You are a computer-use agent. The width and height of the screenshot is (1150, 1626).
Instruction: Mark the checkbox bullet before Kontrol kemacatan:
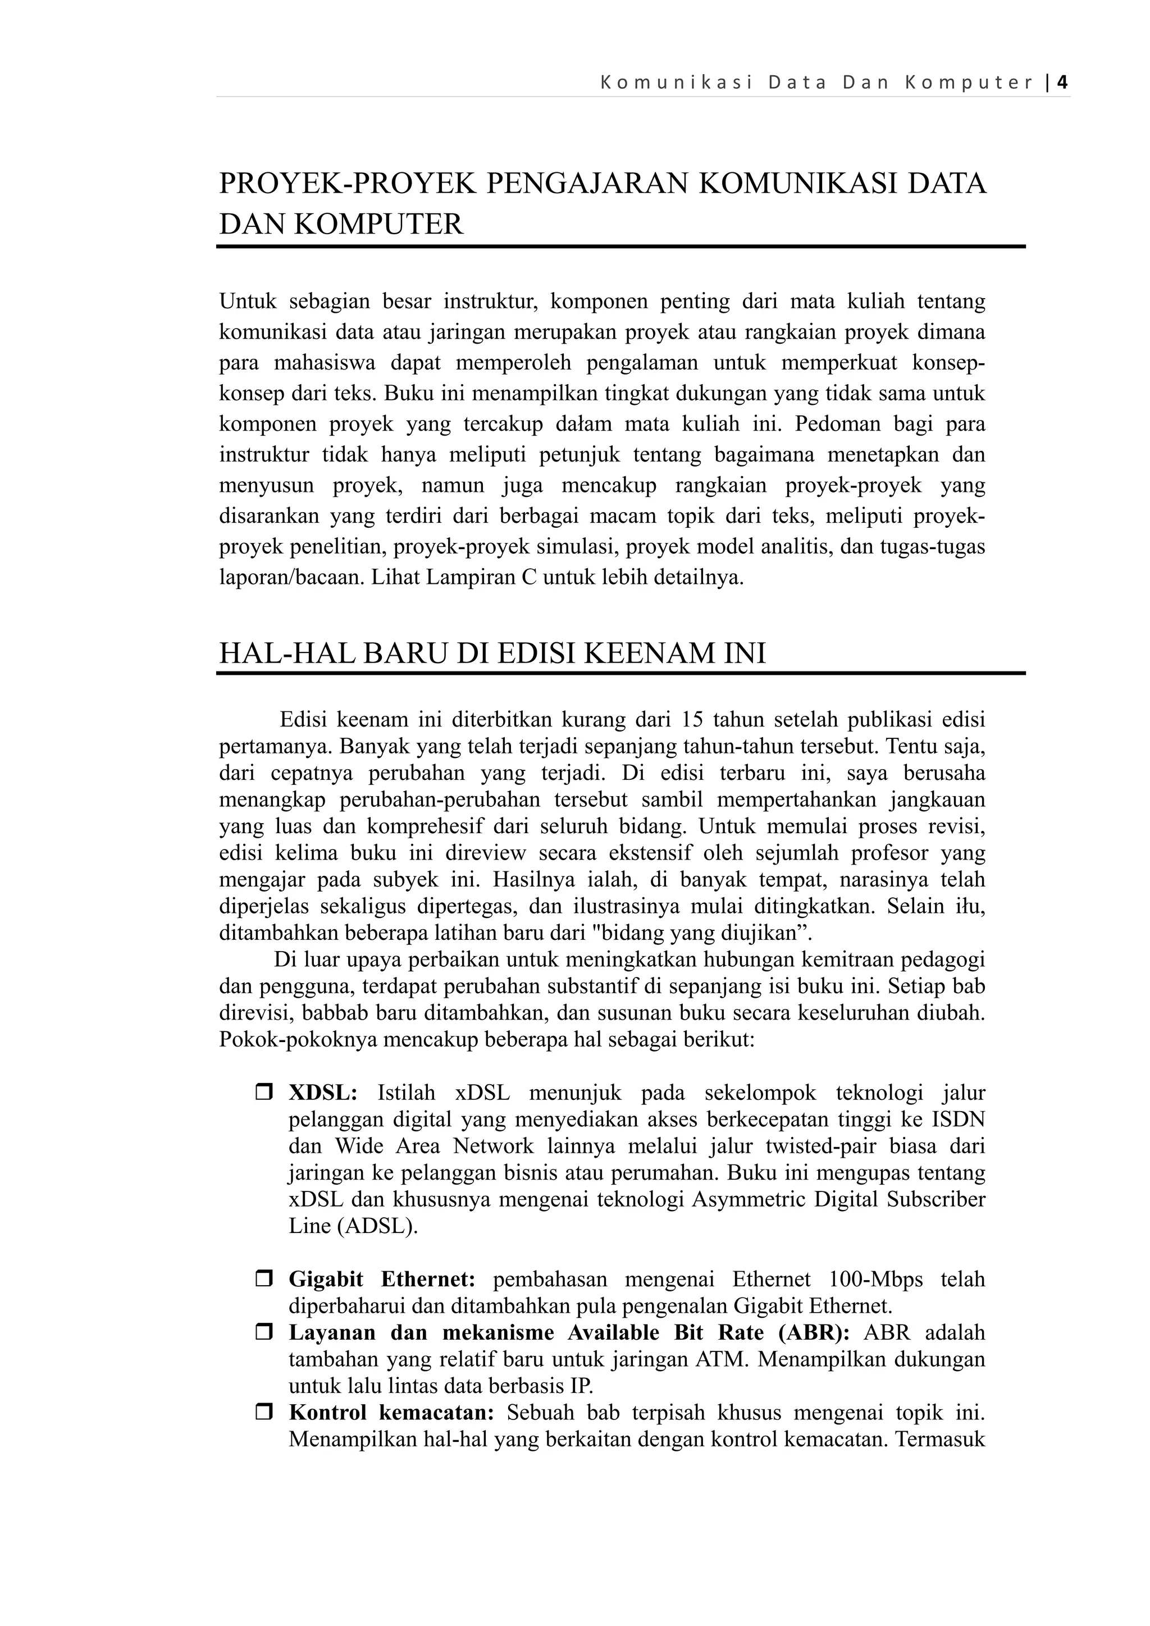coord(264,1412)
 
